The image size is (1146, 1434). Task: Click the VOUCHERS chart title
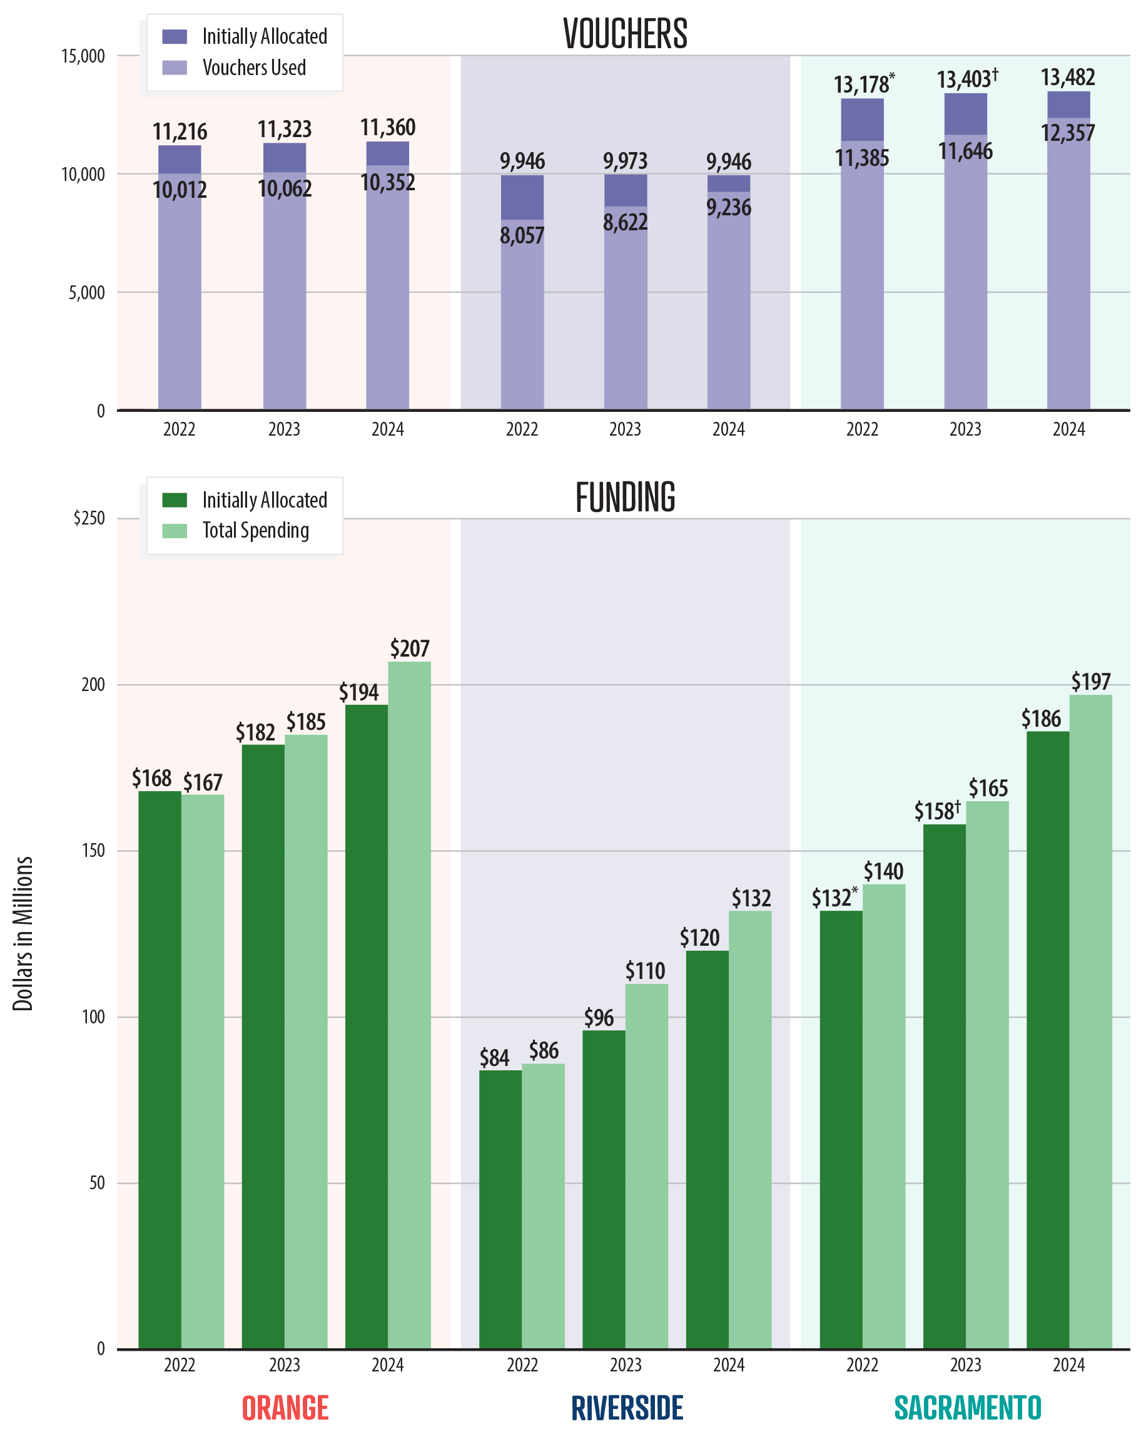[625, 33]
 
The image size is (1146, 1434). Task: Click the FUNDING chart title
[625, 498]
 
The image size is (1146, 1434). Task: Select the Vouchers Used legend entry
[253, 67]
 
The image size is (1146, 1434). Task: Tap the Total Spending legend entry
[255, 530]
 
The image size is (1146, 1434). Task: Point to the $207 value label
[410, 648]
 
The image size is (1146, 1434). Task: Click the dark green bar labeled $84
[500, 1211]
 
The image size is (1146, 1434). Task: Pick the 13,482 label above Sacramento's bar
[1068, 77]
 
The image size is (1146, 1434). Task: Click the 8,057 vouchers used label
[522, 235]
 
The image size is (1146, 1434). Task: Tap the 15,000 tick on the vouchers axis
[83, 56]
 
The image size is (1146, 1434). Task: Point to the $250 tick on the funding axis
[89, 518]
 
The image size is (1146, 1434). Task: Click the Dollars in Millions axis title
[23, 934]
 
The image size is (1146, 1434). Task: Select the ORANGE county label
[285, 1407]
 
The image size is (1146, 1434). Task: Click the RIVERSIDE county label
[627, 1407]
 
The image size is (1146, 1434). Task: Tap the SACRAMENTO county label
[967, 1407]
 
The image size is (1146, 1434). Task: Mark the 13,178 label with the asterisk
[863, 85]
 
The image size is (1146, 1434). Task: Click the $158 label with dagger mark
[936, 811]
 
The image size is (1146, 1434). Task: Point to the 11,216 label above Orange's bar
[180, 131]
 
